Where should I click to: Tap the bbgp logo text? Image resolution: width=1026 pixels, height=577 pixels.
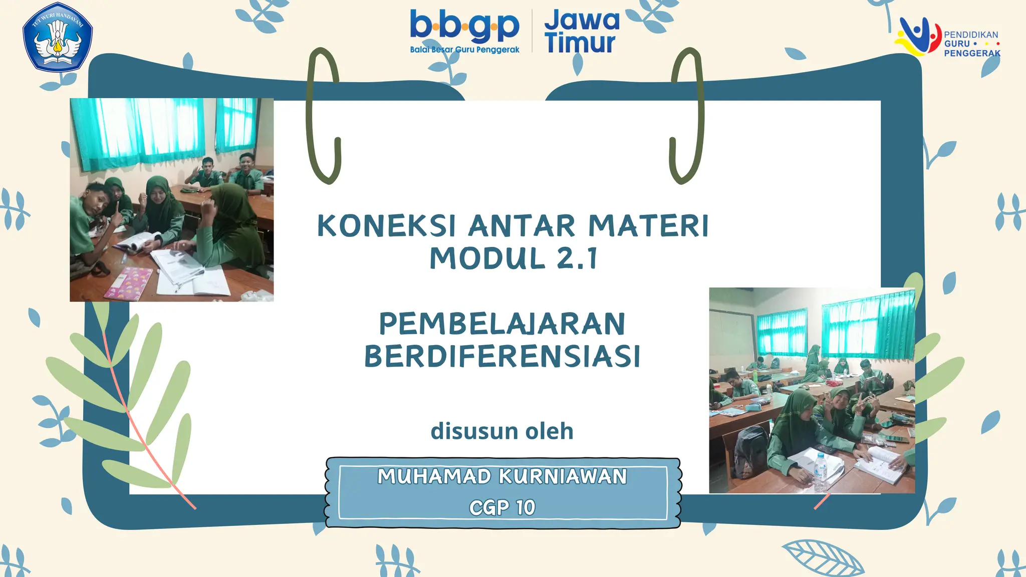coord(464,26)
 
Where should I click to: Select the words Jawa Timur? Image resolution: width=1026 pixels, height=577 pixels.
coord(582,31)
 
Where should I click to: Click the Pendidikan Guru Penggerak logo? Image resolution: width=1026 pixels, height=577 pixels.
coord(947,38)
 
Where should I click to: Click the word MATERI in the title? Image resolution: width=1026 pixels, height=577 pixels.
coord(649,226)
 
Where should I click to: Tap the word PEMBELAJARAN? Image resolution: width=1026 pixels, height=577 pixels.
coord(502,324)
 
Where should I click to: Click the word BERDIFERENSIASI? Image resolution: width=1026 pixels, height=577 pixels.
coord(502,357)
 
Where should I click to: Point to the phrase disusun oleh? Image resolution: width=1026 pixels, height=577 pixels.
coord(502,431)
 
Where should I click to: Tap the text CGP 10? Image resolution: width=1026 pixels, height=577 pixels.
coord(502,508)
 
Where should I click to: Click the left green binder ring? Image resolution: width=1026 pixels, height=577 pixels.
coord(323,115)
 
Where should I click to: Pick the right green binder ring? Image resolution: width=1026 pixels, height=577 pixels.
coord(687,115)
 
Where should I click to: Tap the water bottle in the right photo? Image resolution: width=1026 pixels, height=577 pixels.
coord(820,472)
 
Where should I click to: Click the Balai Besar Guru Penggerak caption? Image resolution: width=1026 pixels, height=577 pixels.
coord(464,50)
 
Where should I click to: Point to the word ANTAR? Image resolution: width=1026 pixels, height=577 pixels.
coord(522,226)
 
